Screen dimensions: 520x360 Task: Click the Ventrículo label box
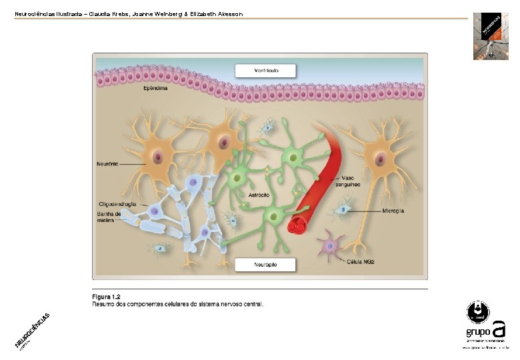(258, 69)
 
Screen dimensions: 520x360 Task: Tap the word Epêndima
(155, 87)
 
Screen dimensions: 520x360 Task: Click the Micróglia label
(393, 211)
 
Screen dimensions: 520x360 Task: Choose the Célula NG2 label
(360, 261)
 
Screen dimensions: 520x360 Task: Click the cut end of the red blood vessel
(298, 225)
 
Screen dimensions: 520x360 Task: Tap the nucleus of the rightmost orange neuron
(380, 159)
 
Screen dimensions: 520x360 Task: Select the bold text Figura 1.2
(105, 297)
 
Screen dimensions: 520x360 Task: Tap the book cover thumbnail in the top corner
(491, 36)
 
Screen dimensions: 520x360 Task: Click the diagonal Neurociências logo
(33, 331)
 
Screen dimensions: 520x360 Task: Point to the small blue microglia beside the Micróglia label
(344, 210)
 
